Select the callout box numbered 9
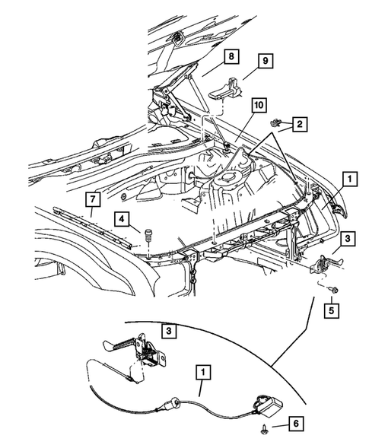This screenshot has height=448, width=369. (x=266, y=63)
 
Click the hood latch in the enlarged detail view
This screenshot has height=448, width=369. (x=148, y=351)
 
